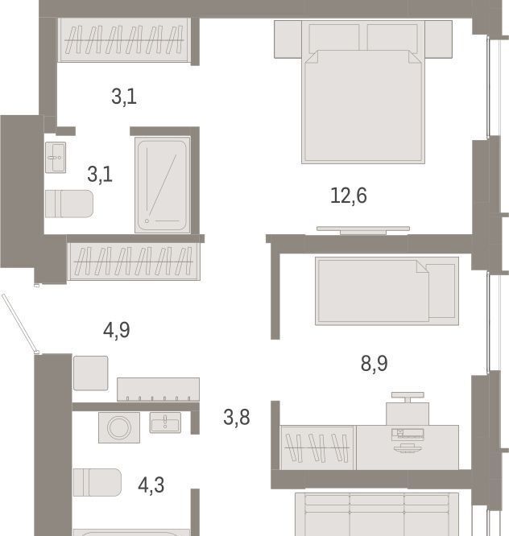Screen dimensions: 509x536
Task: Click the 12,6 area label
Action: [x=349, y=196]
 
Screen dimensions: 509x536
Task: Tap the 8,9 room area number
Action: [x=374, y=363]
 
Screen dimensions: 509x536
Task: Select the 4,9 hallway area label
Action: [x=116, y=330]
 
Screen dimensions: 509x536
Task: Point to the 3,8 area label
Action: [x=236, y=418]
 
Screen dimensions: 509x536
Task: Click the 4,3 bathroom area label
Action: [x=151, y=485]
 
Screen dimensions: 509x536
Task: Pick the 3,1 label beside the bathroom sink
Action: [x=100, y=175]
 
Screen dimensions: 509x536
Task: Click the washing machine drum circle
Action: [x=119, y=427]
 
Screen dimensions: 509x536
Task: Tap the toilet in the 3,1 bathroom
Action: [x=69, y=204]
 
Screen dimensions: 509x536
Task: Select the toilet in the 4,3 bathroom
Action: [x=97, y=482]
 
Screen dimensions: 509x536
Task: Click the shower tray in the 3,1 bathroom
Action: [x=162, y=185]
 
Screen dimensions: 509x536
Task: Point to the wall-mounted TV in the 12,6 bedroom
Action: [x=363, y=230]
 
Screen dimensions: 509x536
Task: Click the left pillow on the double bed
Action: [x=334, y=38]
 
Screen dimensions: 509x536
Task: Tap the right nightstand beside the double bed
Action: [x=439, y=39]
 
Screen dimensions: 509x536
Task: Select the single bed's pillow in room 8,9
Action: [x=441, y=291]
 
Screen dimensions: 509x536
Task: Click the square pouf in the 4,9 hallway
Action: [x=91, y=373]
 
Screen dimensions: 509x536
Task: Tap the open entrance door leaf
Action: [x=20, y=324]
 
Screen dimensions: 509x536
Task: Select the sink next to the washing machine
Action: [x=165, y=423]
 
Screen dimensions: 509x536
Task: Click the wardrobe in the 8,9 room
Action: [x=318, y=447]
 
